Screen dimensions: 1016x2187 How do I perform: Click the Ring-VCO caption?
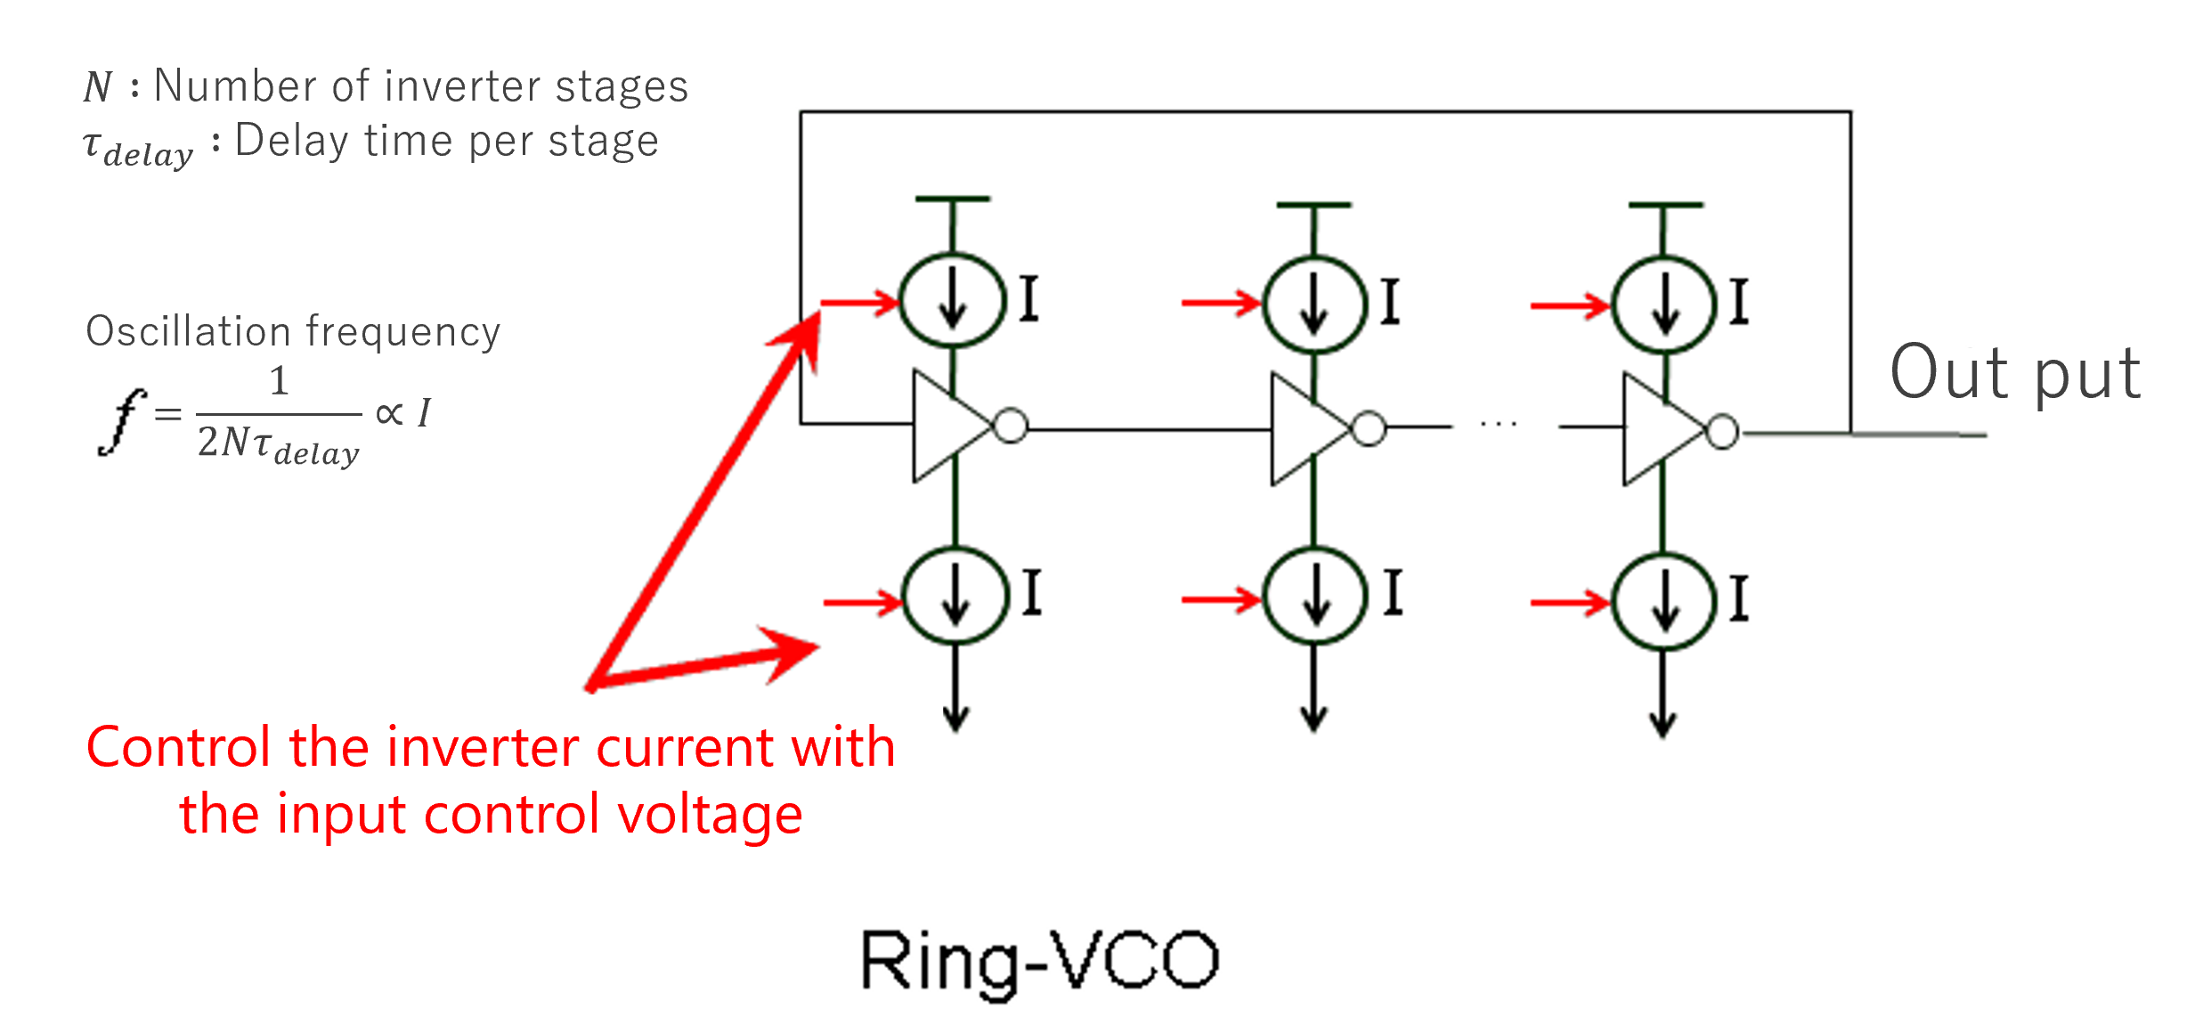(x=1039, y=960)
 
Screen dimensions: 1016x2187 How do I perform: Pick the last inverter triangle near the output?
(x=1658, y=431)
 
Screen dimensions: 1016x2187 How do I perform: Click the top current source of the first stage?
(x=953, y=301)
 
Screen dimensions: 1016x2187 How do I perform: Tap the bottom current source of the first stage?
(x=955, y=595)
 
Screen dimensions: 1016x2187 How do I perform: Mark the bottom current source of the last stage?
(x=1665, y=600)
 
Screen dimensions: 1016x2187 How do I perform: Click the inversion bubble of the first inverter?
(x=1011, y=426)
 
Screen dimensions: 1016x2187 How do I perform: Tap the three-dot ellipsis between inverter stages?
(x=1499, y=425)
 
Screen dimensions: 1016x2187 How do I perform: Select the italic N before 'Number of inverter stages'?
(x=97, y=87)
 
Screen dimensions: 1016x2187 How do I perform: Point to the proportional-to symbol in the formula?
(x=389, y=413)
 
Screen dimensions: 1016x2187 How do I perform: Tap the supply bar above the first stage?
(x=953, y=199)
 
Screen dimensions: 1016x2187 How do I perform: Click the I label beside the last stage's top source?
(x=1739, y=301)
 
